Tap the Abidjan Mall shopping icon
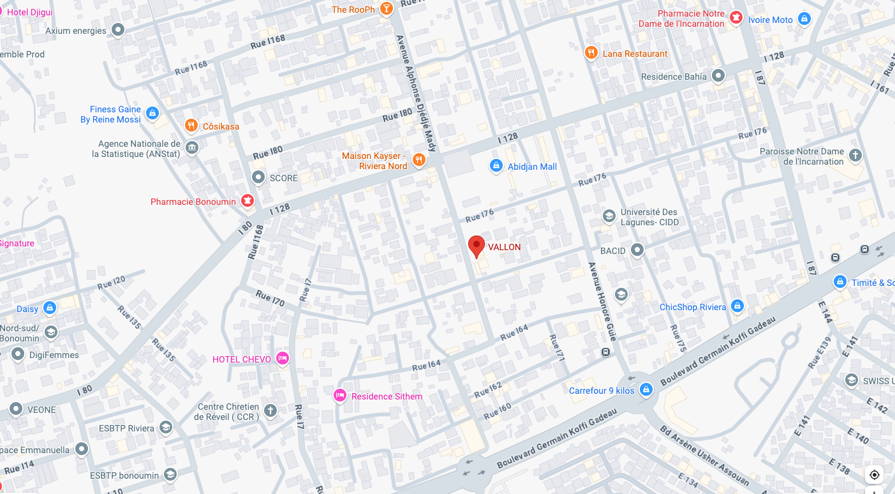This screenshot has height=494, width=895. pyautogui.click(x=496, y=166)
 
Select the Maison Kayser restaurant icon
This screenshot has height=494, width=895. pyautogui.click(x=419, y=160)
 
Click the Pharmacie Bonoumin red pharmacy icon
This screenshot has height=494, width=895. pyautogui.click(x=248, y=201)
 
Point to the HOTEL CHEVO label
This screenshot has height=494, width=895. pyautogui.click(x=241, y=359)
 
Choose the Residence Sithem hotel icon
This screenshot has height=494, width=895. pyautogui.click(x=340, y=396)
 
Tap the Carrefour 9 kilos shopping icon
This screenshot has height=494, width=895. pyautogui.click(x=646, y=389)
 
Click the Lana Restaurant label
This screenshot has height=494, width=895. pyautogui.click(x=635, y=54)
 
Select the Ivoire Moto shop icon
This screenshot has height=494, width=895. pyautogui.click(x=804, y=19)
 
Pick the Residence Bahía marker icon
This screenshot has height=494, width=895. pyautogui.click(x=718, y=76)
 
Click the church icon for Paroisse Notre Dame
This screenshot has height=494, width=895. pyautogui.click(x=855, y=155)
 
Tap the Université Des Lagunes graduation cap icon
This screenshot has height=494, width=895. pyautogui.click(x=609, y=216)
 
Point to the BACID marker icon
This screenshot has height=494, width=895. pyautogui.click(x=637, y=250)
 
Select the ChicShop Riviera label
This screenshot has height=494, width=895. pyautogui.click(x=693, y=307)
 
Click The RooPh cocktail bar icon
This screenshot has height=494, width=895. pyautogui.click(x=386, y=9)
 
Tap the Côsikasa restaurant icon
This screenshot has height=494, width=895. pyautogui.click(x=190, y=126)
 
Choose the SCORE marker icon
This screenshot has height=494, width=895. pyautogui.click(x=258, y=177)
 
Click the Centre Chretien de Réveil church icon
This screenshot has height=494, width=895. pyautogui.click(x=270, y=410)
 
